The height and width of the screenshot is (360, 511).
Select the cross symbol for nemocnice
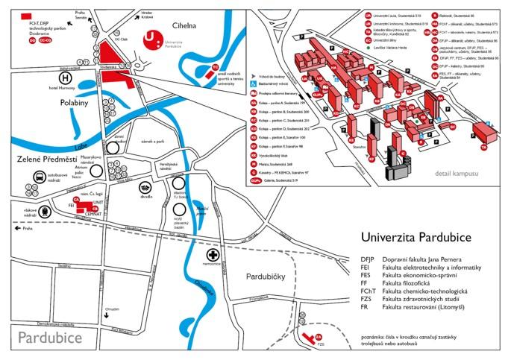coord(213,255)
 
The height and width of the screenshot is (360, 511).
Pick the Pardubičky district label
coord(267,277)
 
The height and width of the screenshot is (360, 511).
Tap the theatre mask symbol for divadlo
coord(145,189)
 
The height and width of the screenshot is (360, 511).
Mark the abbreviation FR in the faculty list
coord(365,307)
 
